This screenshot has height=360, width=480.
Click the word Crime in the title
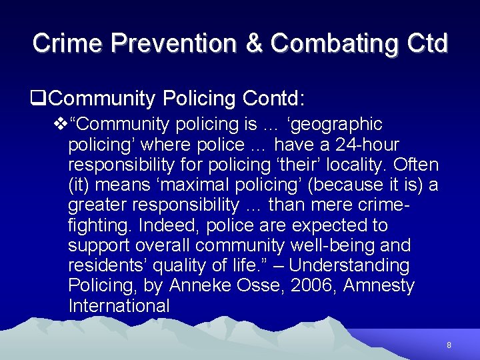(67, 43)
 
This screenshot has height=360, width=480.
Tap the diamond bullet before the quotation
(61, 125)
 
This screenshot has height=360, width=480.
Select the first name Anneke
(198, 286)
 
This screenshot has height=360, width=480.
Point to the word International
(119, 307)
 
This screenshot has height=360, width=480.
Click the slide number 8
(449, 345)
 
